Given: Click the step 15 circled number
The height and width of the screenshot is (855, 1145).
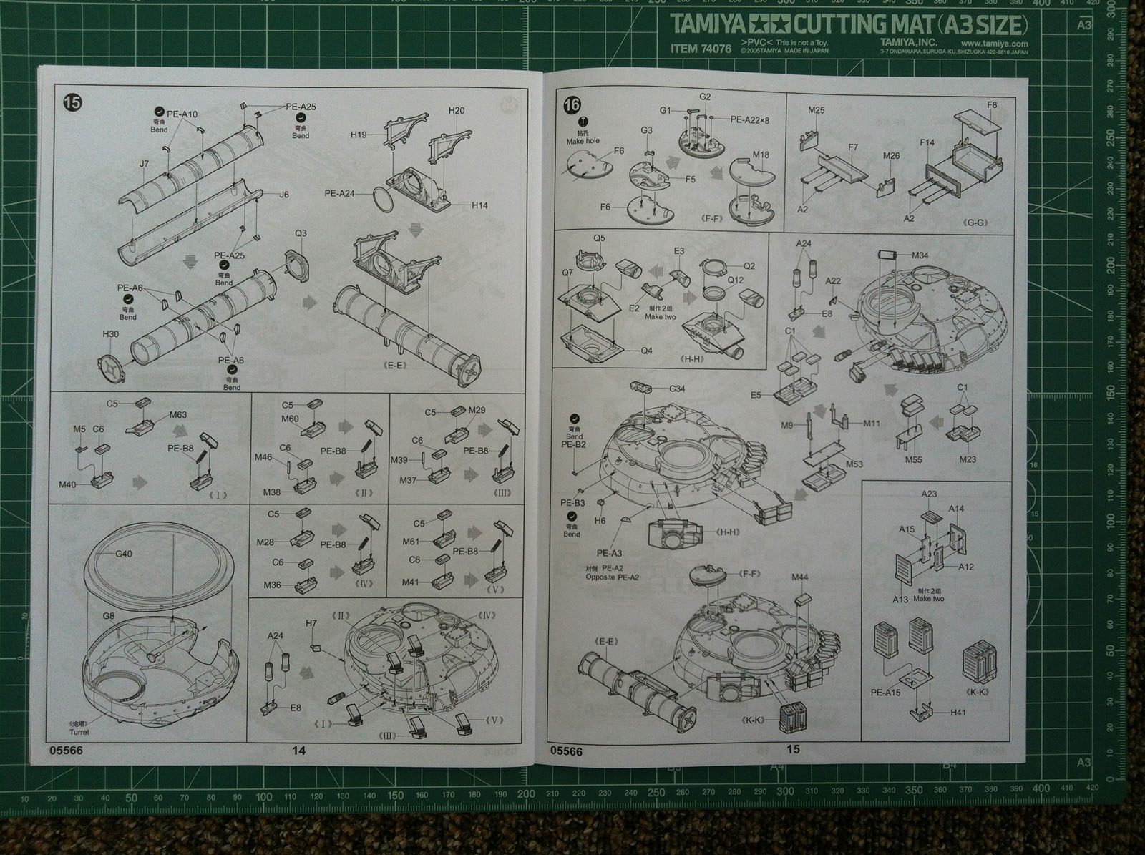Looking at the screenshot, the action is click(x=73, y=102).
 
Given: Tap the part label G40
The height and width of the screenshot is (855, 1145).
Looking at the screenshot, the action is click(x=124, y=554).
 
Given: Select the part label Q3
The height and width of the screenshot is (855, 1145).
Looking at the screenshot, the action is click(x=301, y=233).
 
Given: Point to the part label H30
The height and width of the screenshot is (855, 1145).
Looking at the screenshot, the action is click(x=111, y=334).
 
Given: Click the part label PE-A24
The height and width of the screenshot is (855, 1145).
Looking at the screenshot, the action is click(x=339, y=193).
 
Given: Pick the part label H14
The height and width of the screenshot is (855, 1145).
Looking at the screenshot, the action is click(x=479, y=205).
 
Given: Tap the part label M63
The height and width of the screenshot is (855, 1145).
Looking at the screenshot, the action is click(x=178, y=414).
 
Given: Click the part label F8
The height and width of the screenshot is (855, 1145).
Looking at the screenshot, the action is click(x=992, y=105).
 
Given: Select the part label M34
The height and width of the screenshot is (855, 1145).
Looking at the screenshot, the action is click(x=920, y=255).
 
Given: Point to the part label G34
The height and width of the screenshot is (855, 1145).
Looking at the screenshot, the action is click(x=677, y=389).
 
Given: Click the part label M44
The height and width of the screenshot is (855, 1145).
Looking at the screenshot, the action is click(x=800, y=577).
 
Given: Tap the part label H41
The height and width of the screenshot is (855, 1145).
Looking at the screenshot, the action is click(x=959, y=713).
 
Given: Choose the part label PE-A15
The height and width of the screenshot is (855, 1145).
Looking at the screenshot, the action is click(x=886, y=693).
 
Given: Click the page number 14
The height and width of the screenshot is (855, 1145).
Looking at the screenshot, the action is click(x=298, y=750).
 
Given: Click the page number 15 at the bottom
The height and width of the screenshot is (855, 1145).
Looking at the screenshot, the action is click(x=792, y=749).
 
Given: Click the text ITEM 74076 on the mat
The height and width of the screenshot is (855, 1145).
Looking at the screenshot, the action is click(x=701, y=49).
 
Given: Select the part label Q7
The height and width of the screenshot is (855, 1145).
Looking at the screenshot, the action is click(x=567, y=273).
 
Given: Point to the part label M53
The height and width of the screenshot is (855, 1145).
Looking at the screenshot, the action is click(x=854, y=464).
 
